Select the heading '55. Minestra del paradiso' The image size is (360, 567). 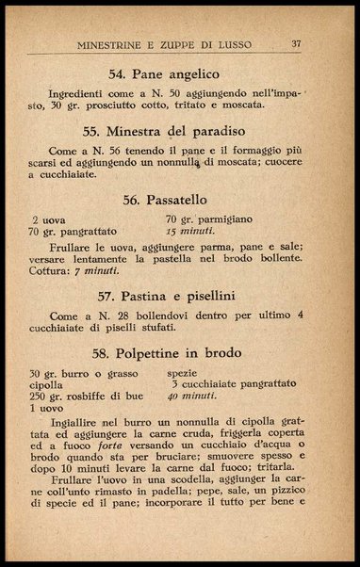click(178, 131)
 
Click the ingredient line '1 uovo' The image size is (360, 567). click(45, 409)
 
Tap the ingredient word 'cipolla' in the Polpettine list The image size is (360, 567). click(46, 385)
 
